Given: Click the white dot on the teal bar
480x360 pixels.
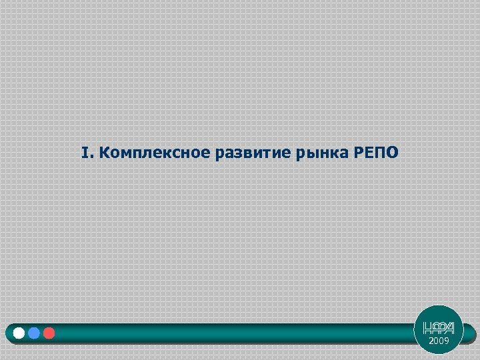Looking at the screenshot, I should [19, 333].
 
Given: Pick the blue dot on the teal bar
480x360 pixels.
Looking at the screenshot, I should [34, 333].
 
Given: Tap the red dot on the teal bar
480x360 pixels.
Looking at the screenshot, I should [49, 333].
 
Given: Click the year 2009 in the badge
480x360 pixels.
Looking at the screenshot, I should [439, 341].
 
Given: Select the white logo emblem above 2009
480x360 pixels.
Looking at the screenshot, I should [439, 327].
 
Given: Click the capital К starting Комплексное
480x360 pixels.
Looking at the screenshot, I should [105, 153].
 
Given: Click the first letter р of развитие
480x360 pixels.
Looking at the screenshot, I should [219, 155].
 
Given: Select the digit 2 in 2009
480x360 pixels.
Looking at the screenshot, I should [431, 341].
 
